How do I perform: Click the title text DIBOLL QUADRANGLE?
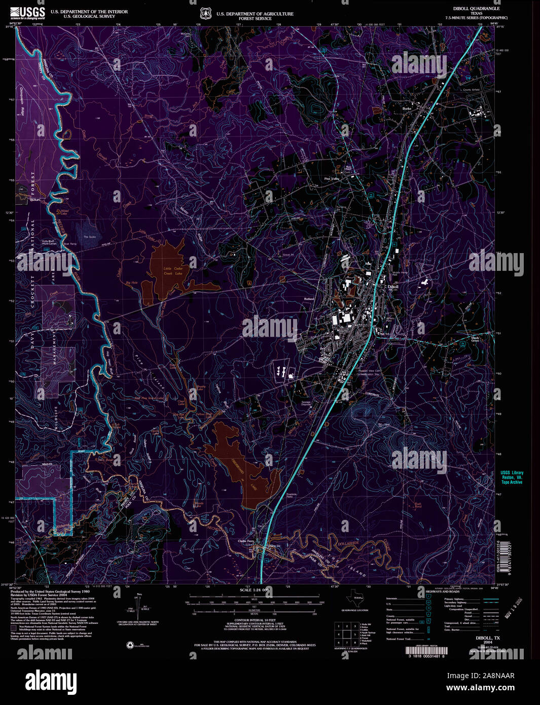pyautogui.click(x=476, y=9)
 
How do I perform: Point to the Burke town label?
pyautogui.click(x=406, y=109)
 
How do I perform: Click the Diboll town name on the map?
pyautogui.click(x=393, y=287)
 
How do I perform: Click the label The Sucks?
pyautogui.click(x=89, y=237)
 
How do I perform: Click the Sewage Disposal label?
pyautogui.click(x=306, y=403)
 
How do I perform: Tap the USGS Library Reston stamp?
pyautogui.click(x=511, y=477)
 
